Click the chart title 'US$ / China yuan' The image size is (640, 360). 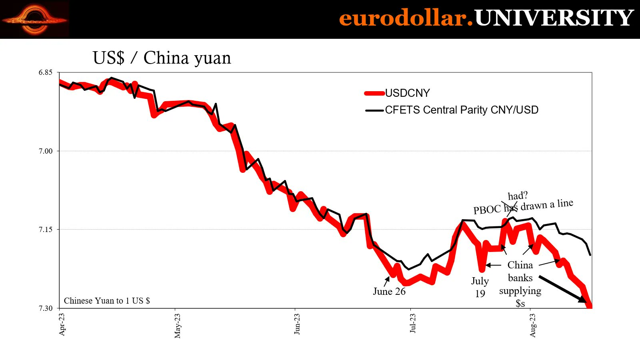coord(162,58)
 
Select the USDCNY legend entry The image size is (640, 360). coord(407,93)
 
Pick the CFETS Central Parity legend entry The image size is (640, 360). coord(461,110)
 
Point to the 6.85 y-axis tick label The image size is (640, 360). coord(46,72)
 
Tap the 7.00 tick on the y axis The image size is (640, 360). coord(46,151)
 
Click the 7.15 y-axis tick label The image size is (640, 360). coord(46,229)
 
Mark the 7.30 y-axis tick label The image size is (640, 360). coord(46,308)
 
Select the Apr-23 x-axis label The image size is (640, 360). coord(62,324)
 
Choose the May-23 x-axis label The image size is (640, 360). coord(177,326)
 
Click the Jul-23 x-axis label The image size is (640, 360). coord(412,323)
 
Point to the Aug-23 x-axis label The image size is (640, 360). coord(532,325)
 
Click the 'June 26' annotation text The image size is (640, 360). coord(389,292)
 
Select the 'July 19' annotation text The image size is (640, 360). coord(480,287)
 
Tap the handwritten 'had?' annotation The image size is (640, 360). coord(518,196)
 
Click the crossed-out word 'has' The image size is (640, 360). coord(511,208)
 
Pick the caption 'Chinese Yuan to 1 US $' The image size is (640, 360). coord(107,301)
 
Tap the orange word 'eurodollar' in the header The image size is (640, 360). coord(403,18)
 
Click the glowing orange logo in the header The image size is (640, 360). coord(35,19)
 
